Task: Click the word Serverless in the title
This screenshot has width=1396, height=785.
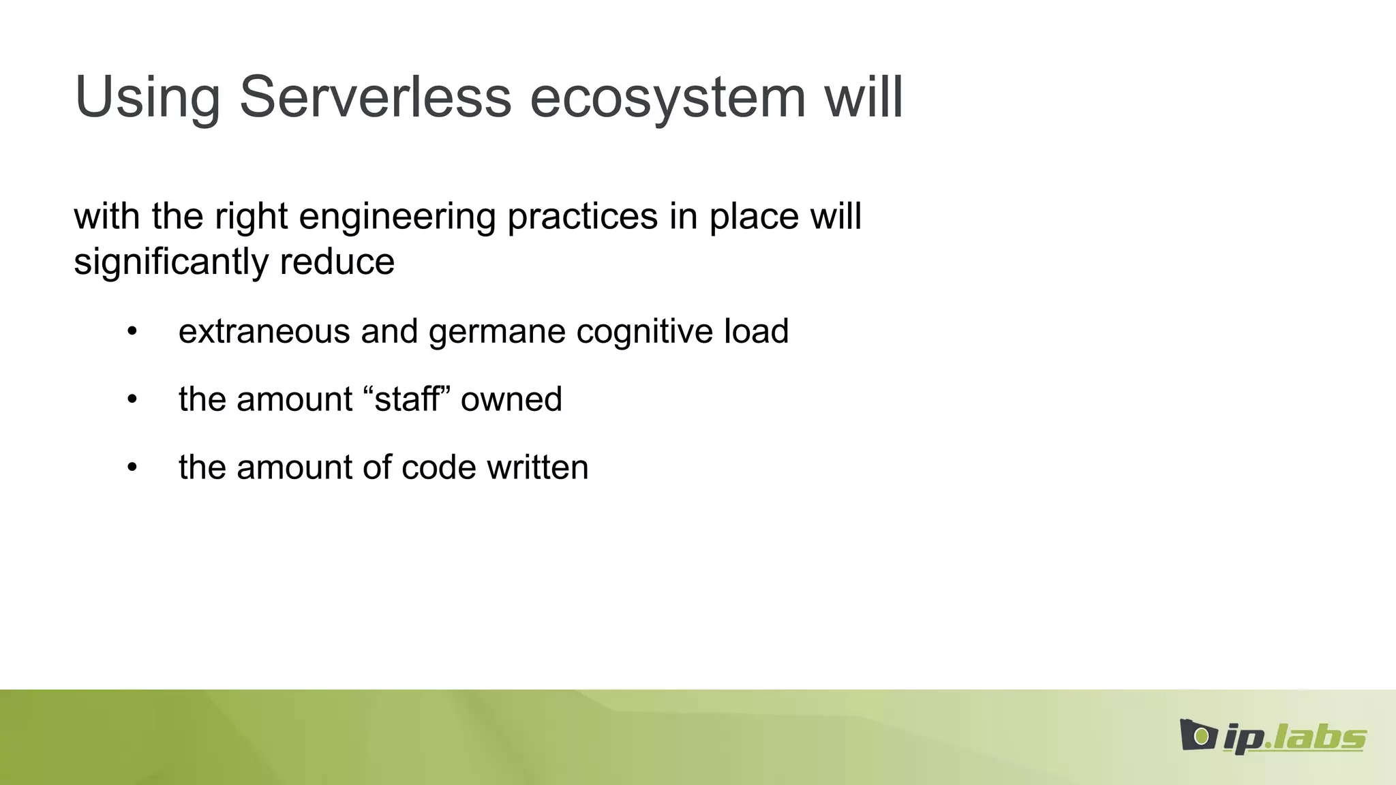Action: (375, 97)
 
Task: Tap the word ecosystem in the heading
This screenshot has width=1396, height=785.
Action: (668, 97)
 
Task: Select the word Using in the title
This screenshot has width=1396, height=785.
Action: (147, 97)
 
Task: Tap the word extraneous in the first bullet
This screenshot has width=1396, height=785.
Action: (264, 332)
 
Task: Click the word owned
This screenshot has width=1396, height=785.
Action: (511, 399)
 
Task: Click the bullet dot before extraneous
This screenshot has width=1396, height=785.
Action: (132, 332)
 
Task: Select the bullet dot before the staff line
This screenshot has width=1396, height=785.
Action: (132, 400)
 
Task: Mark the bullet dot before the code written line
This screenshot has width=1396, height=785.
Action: (132, 468)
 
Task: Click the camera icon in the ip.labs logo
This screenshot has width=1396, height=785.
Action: (1198, 735)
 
